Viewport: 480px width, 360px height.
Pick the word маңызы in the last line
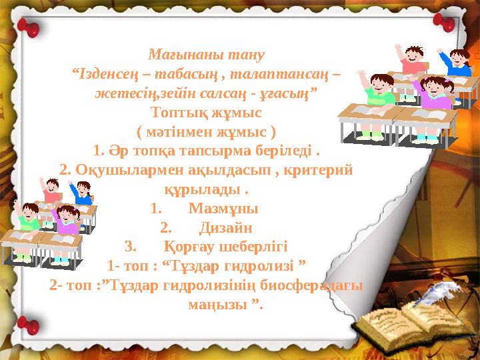[x=215, y=305]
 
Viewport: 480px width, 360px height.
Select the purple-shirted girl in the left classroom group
[x=67, y=219]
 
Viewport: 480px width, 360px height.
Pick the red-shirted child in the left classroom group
[x=53, y=190]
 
